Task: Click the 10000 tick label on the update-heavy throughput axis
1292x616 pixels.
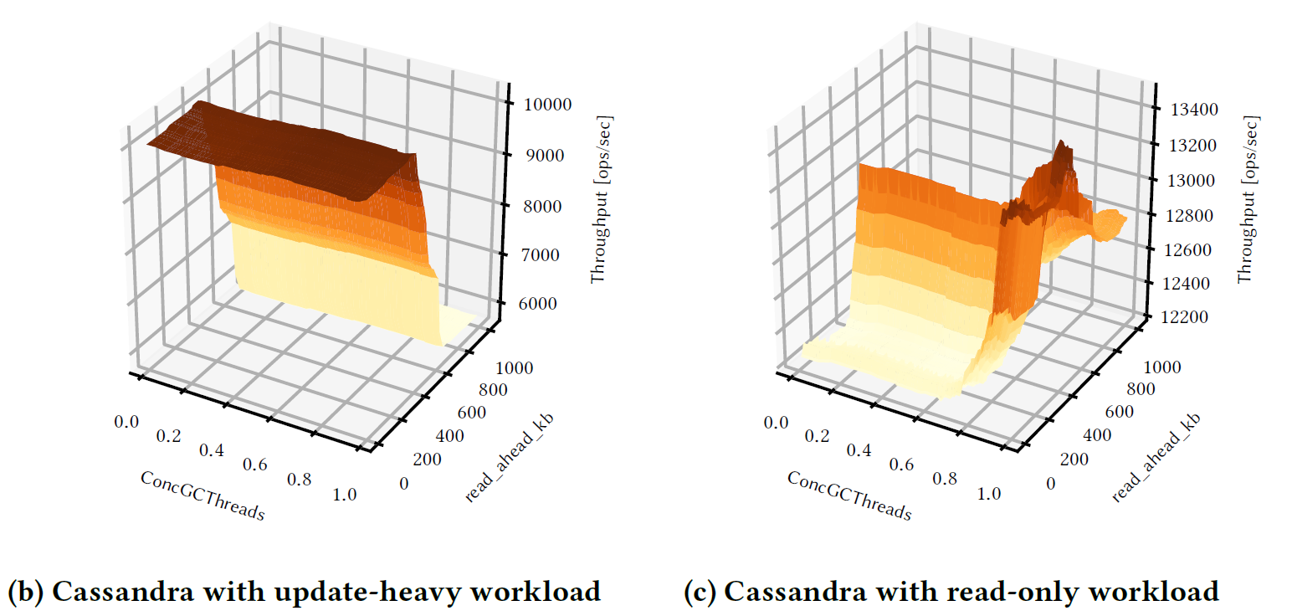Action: [x=547, y=105]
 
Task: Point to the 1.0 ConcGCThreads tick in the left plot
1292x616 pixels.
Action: [x=344, y=494]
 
